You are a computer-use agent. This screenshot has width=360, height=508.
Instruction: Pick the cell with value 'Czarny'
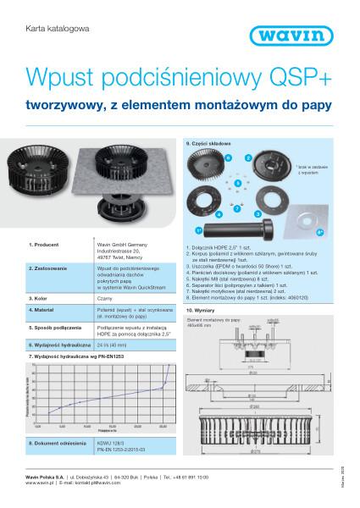tap(106, 298)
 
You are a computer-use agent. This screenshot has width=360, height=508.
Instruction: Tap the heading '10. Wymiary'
tap(200, 312)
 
